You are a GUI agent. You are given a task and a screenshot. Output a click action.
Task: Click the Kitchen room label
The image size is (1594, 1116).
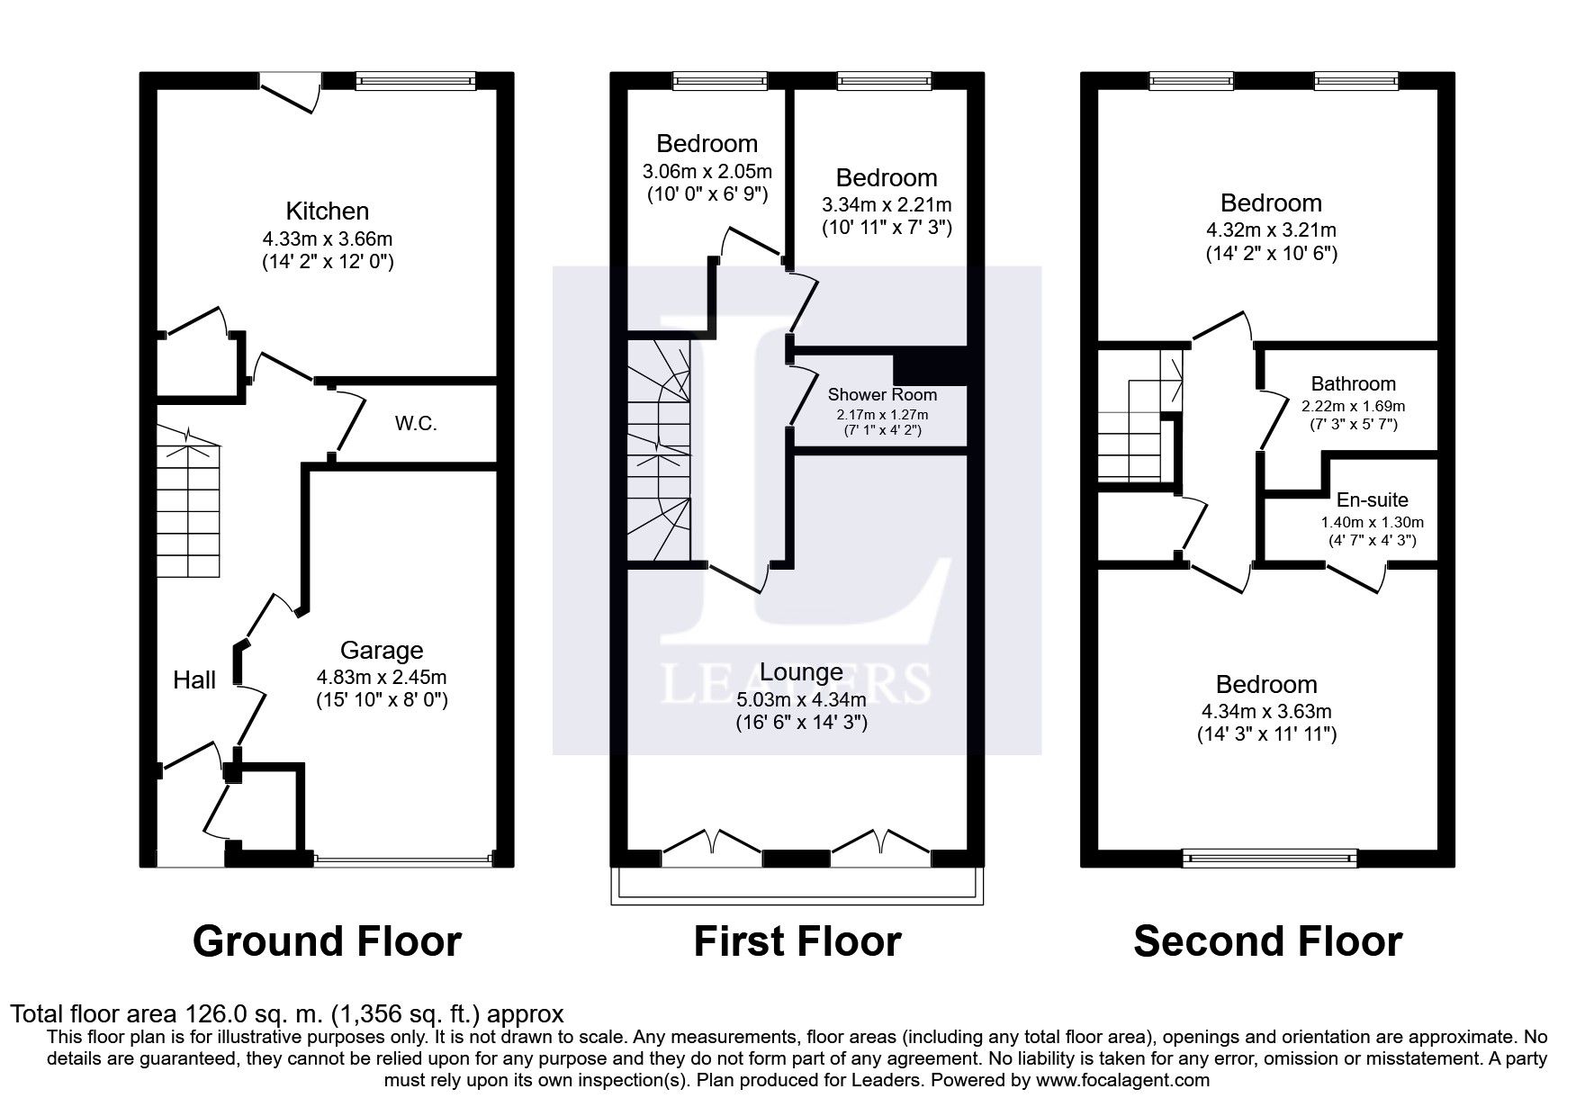(327, 211)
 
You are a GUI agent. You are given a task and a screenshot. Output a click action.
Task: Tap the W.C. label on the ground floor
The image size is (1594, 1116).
(416, 424)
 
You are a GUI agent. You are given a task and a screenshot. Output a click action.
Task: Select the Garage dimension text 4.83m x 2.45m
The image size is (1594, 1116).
(382, 677)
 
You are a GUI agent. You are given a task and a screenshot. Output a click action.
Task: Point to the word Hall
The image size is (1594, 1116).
(194, 679)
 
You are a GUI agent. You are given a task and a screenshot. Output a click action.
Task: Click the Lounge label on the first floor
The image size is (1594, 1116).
(801, 672)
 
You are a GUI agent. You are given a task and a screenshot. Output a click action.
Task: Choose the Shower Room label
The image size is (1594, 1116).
(882, 394)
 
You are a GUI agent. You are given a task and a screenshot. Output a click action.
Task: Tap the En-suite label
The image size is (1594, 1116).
(1372, 499)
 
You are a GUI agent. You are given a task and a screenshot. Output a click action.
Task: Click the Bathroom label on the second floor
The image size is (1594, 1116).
(1353, 384)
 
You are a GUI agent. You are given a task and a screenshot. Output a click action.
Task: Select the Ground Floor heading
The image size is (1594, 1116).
(327, 941)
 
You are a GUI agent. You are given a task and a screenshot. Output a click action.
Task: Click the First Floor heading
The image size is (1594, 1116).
(797, 941)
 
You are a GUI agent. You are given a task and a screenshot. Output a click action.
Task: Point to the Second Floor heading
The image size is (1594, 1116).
(1267, 941)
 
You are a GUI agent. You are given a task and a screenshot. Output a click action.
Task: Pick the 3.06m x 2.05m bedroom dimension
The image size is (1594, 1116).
(707, 171)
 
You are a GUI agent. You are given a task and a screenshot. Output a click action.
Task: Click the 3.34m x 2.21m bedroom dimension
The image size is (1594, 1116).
(887, 205)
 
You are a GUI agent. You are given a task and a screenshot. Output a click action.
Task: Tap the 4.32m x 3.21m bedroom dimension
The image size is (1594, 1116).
(1271, 230)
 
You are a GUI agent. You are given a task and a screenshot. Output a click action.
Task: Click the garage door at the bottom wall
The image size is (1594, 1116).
(403, 859)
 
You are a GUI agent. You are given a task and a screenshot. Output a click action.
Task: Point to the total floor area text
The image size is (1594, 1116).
(287, 1014)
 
